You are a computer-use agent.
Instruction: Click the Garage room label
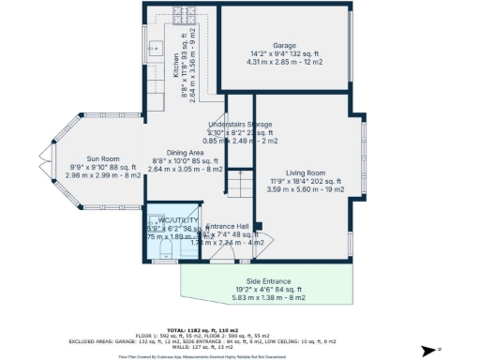click(x=284, y=45)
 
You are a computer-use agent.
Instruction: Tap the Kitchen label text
click(x=174, y=67)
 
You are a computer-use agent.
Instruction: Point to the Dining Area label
click(x=186, y=153)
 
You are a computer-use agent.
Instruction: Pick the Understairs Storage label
click(x=240, y=124)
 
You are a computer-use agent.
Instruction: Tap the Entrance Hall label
click(x=228, y=227)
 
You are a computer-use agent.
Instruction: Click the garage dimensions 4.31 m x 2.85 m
click(x=284, y=62)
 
